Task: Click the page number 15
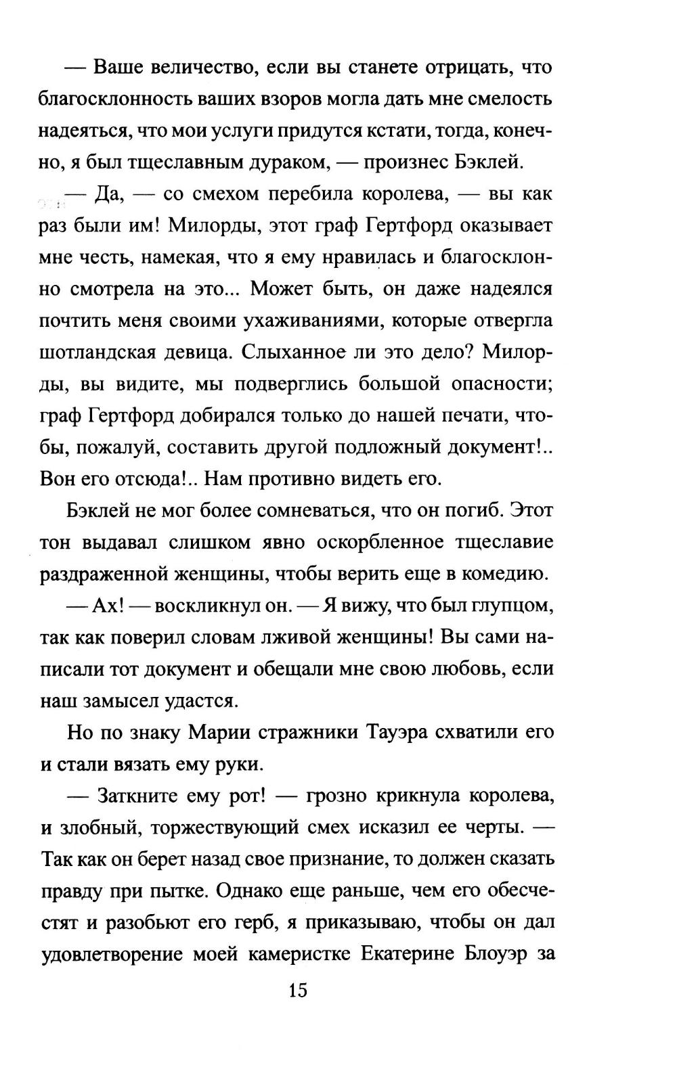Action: click(298, 991)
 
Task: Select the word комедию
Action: click(504, 574)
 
